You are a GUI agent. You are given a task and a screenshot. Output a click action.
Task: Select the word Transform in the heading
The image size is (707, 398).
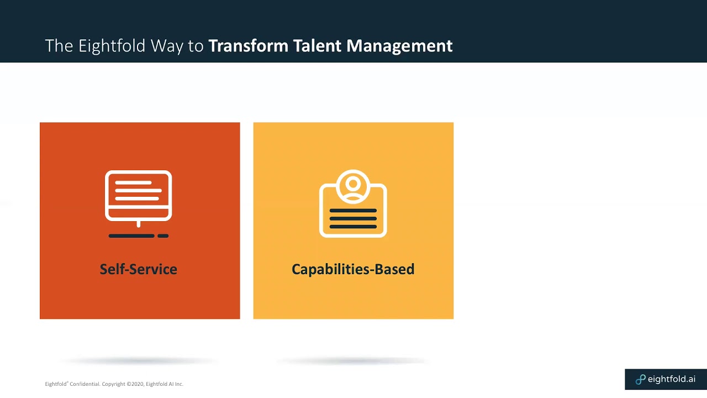(248, 46)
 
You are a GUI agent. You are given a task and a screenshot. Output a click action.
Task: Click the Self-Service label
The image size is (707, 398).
(138, 269)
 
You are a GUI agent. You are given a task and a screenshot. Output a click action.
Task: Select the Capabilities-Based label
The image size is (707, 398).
(353, 269)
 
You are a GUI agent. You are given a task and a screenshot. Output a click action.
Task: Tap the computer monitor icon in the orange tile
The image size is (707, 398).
(139, 196)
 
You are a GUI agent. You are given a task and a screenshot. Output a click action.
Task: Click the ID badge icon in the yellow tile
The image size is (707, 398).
(353, 205)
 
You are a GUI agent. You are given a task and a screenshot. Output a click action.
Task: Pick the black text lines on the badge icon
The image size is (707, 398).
(353, 218)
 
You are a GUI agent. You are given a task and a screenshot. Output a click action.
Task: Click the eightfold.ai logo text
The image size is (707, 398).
(671, 379)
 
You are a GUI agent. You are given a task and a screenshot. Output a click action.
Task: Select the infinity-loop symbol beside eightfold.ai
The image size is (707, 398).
(640, 380)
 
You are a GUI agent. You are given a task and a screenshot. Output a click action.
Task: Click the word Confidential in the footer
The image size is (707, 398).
(85, 384)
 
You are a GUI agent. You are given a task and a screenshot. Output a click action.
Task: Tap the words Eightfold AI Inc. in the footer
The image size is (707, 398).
(165, 384)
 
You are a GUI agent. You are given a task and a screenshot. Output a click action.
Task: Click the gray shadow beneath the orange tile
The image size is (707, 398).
(138, 361)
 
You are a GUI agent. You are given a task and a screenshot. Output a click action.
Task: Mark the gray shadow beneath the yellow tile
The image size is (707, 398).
(353, 361)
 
